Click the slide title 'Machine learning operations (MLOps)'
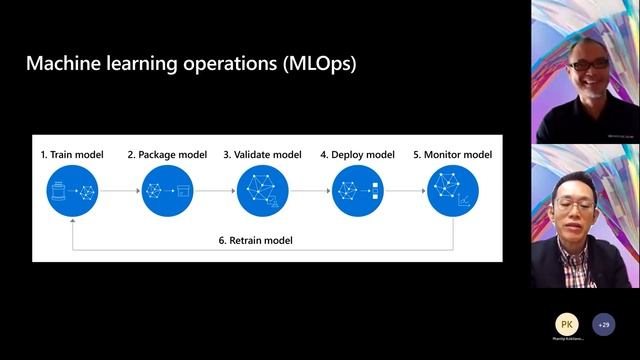(190, 65)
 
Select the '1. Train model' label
(73, 155)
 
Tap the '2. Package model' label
(167, 155)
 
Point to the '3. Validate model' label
(262, 155)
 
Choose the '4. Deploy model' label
(357, 155)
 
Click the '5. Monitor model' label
(452, 155)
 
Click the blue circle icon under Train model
(73, 191)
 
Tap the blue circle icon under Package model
(167, 191)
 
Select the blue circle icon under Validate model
(262, 191)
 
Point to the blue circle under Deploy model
(357, 191)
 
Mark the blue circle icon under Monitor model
(452, 191)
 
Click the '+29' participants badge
(603, 325)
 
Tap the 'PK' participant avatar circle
(567, 325)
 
